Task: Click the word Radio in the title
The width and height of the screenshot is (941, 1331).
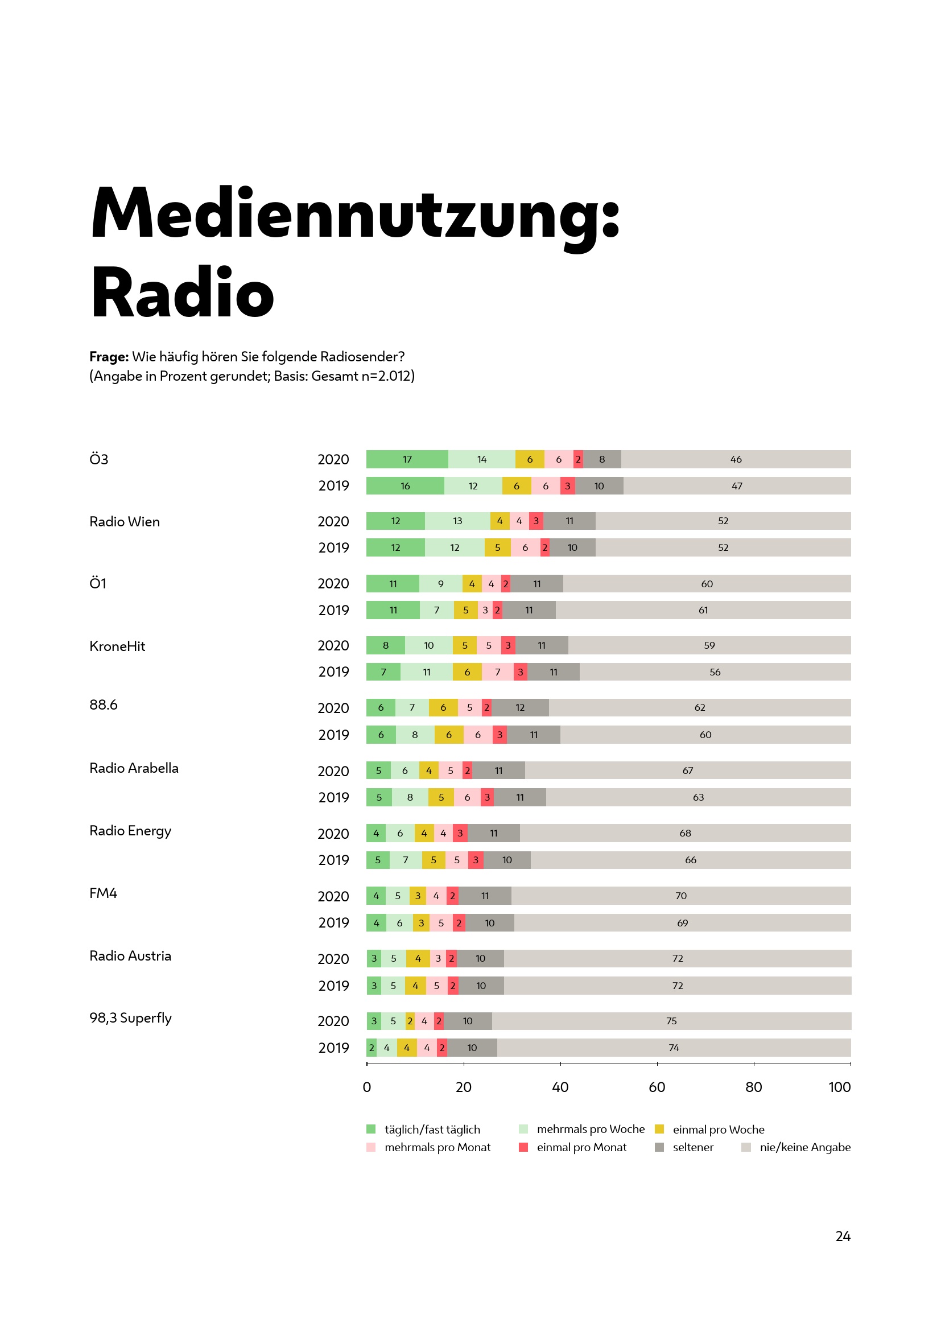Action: [x=182, y=292]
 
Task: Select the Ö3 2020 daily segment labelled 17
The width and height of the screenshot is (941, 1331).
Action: [x=407, y=459]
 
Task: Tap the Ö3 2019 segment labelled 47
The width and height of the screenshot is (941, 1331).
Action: [x=736, y=486]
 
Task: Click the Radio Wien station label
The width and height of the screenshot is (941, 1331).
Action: [x=125, y=522]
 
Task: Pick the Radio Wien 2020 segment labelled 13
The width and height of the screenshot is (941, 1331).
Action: [x=457, y=521]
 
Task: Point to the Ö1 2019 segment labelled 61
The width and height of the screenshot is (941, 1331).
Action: [x=703, y=610]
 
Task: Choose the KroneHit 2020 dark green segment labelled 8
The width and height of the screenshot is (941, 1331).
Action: [x=385, y=645]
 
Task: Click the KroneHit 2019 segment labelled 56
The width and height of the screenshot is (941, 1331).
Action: [x=715, y=672]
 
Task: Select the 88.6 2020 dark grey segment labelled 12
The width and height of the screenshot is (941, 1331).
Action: [x=520, y=707]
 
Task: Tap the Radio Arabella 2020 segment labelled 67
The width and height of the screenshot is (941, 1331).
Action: [x=688, y=770]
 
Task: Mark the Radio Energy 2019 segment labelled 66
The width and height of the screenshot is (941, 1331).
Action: [x=691, y=860]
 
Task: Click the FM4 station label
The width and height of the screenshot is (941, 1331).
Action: [x=103, y=893]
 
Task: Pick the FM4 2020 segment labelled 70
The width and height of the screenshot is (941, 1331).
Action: [x=681, y=896]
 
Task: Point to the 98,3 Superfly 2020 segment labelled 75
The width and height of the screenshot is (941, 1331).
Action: [x=671, y=1021]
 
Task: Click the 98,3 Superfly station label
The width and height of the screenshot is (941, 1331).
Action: [x=130, y=1018]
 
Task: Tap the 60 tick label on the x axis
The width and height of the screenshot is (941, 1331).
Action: [x=657, y=1087]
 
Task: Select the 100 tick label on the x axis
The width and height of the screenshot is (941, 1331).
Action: [x=839, y=1087]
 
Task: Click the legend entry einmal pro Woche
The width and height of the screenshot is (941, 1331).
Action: [x=718, y=1129]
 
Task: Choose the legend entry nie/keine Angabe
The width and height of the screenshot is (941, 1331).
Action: [x=805, y=1147]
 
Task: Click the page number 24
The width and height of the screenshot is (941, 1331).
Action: [x=843, y=1237]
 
